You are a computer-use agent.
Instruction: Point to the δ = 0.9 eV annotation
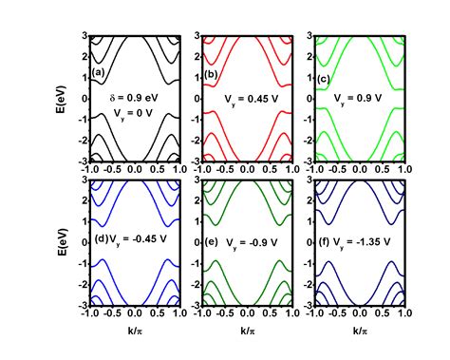(135, 96)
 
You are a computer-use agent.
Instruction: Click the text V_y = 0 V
(135, 114)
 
